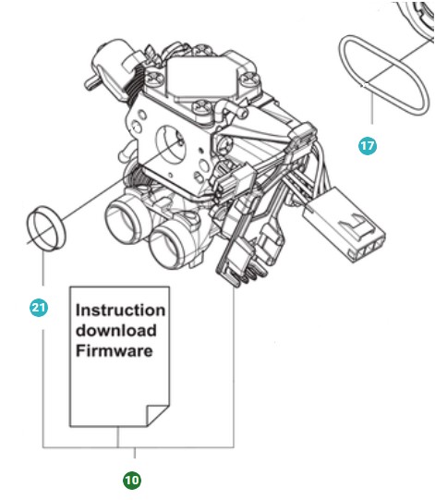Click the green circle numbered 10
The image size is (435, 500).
coord(133,480)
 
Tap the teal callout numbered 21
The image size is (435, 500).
coord(39,309)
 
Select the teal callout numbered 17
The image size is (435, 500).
coord(369,145)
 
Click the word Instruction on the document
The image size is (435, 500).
coord(120,311)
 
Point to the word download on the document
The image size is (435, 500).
coord(115,331)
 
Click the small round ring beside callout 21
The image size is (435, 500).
coord(45,228)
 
